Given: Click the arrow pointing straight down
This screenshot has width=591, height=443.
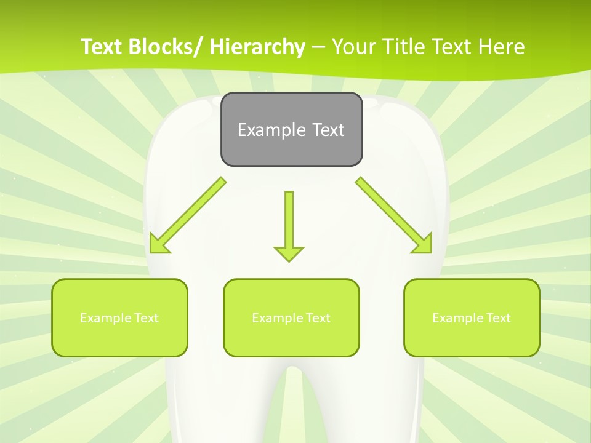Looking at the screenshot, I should (x=289, y=221).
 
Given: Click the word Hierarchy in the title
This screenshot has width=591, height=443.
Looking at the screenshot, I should (x=257, y=47).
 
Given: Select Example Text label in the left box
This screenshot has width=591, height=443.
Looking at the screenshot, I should (x=119, y=318).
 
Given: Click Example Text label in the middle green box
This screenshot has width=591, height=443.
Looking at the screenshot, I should (x=291, y=318).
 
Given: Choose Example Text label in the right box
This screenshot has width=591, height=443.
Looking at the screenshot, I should (x=472, y=318).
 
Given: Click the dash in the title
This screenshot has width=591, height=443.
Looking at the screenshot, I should (x=318, y=47).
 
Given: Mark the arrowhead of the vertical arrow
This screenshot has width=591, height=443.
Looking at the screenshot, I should (x=289, y=253).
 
